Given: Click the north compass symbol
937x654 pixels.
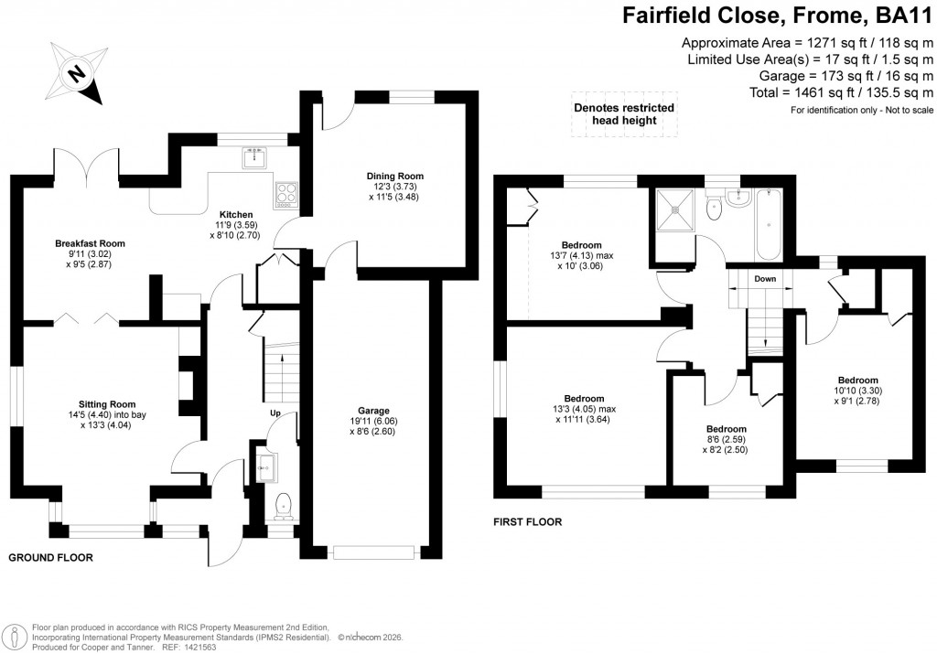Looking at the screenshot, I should [78, 72].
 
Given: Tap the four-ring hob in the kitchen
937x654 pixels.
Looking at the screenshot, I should [285, 194].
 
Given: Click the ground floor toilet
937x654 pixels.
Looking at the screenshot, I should [284, 504].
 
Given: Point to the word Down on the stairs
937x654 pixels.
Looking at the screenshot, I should [765, 278].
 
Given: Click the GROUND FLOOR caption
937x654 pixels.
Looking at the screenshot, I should [50, 557].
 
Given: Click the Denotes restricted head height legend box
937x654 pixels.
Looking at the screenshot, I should [624, 114].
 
